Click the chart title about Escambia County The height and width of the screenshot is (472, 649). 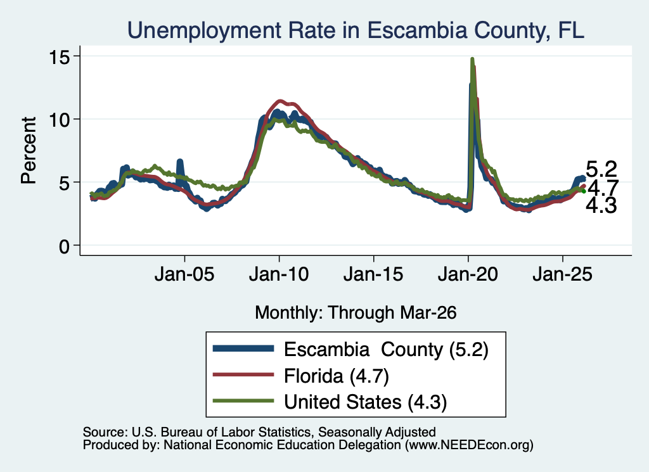click(356, 30)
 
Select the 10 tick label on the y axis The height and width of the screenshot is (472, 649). click(59, 120)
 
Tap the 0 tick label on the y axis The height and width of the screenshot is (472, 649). click(64, 246)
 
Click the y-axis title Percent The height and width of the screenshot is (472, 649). click(29, 150)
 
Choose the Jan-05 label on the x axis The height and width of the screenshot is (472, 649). click(184, 274)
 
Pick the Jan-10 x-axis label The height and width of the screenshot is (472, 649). click(279, 274)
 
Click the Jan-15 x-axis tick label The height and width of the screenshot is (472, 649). click(373, 274)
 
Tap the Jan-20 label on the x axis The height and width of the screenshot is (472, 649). click(468, 274)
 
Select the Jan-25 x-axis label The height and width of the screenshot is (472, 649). click(563, 274)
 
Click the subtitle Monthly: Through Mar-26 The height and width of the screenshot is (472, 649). click(356, 313)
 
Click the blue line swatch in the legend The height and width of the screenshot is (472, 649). click(243, 348)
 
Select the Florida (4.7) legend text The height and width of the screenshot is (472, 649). click(337, 376)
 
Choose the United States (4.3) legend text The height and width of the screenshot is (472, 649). click(366, 402)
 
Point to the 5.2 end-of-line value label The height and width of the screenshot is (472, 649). click(601, 169)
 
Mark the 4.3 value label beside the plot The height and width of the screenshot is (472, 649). click(601, 205)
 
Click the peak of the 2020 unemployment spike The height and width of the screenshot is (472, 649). click(472, 59)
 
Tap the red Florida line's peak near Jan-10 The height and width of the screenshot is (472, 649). click(280, 101)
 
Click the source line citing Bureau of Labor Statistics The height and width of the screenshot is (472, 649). click(259, 432)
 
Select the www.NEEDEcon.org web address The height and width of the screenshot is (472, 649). click(469, 445)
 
